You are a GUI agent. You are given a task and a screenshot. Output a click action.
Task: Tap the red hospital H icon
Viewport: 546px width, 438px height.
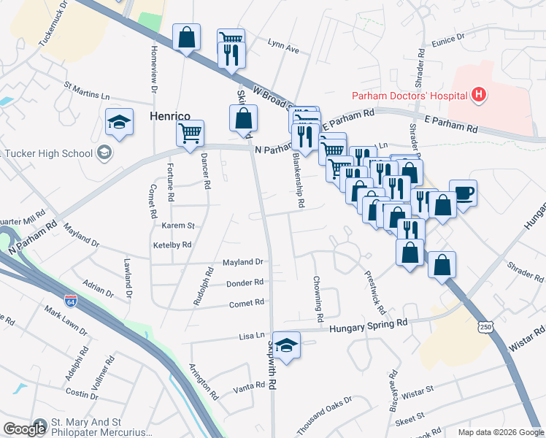point(478,94)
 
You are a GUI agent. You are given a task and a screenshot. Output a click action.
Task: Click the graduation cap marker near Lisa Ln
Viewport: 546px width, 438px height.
point(288,345)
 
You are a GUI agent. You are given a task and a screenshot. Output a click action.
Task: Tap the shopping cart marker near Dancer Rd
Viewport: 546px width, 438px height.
point(190,134)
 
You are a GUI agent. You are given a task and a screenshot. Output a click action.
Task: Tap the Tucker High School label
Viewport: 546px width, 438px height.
point(48,153)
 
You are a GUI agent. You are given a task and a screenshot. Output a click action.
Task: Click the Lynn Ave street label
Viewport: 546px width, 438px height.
point(283,50)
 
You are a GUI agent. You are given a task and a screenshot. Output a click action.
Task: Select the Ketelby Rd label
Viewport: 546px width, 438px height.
point(172,245)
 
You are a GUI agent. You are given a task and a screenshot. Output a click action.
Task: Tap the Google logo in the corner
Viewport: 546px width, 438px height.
point(25,429)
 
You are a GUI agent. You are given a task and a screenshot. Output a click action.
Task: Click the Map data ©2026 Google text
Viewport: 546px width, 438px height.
point(500,432)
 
